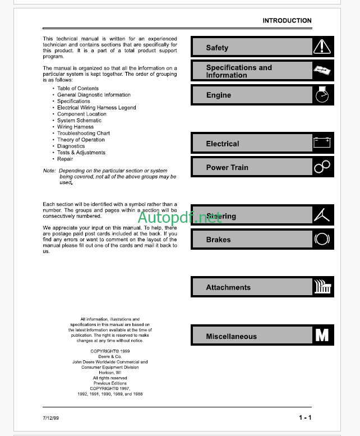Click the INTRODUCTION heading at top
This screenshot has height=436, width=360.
click(x=287, y=21)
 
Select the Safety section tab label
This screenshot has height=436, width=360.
click(x=217, y=48)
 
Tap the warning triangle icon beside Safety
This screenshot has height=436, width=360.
click(x=322, y=47)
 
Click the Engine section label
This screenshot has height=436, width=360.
click(x=219, y=95)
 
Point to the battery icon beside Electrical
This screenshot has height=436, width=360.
click(x=322, y=143)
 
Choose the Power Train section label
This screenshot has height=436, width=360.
click(x=227, y=167)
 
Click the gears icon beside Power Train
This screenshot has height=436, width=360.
click(x=322, y=167)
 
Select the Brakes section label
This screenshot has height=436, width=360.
click(x=218, y=240)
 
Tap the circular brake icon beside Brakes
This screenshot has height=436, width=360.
click(x=322, y=239)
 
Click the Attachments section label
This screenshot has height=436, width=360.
click(x=228, y=287)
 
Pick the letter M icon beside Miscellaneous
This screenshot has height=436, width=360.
click(x=322, y=336)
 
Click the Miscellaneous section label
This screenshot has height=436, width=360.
click(x=231, y=337)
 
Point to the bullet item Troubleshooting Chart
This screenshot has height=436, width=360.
click(x=83, y=134)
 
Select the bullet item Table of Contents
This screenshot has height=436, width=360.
click(x=77, y=89)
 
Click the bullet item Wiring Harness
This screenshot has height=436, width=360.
click(x=75, y=127)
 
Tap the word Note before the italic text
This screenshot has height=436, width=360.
click(x=49, y=171)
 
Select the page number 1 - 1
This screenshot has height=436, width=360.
click(x=305, y=417)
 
